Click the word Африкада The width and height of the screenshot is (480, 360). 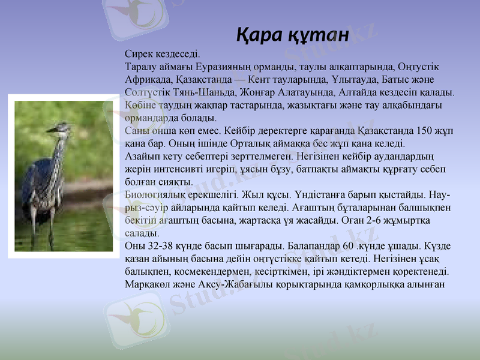click(148, 79)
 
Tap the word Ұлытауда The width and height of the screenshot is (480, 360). click(353, 79)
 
